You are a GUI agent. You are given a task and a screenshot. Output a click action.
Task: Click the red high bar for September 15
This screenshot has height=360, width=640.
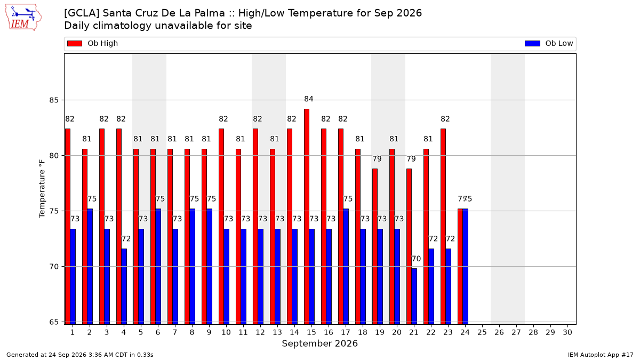coord(307,217)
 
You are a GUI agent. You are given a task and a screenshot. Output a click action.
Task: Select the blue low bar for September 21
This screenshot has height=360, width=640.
coord(414,297)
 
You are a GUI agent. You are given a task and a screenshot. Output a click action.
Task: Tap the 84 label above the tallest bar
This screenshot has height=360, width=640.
coord(309,99)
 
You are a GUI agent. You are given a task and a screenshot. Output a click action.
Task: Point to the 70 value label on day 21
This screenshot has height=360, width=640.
coord(417,259)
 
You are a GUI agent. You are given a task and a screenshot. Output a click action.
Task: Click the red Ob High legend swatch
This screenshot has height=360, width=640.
coord(75,43)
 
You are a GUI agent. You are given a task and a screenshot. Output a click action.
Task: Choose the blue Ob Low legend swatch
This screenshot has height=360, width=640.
coord(532,43)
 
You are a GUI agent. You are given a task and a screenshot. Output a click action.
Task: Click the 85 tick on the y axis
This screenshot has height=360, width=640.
coord(54,100)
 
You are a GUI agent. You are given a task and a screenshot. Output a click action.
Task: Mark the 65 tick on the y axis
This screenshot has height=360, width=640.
coord(54,322)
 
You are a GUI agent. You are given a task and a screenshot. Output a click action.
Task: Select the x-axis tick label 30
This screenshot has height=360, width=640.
coord(567,332)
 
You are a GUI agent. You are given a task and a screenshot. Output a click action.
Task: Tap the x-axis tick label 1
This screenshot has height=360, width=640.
coord(73,332)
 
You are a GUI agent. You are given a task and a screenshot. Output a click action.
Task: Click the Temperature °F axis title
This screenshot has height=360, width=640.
coord(42,189)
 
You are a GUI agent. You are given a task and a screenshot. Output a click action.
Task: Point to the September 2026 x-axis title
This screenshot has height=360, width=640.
coord(319,343)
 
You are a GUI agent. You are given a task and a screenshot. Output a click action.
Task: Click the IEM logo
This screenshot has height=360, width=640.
coord(23,18)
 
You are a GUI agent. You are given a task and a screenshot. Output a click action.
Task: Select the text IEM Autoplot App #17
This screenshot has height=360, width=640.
coord(601,355)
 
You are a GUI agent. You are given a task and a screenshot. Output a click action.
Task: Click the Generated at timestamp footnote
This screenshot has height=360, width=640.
coord(79,355)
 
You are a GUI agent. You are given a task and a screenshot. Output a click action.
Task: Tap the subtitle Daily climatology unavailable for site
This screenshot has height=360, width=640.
coord(158,26)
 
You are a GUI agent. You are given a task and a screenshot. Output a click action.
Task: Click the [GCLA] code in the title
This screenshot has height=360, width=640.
coord(82,13)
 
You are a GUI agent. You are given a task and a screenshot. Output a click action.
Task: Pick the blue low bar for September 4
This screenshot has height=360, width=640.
coord(124,286)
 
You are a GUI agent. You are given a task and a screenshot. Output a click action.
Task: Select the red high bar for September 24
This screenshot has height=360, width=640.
coord(460,267)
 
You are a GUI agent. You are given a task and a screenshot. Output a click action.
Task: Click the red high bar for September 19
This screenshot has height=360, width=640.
coord(375,246)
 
